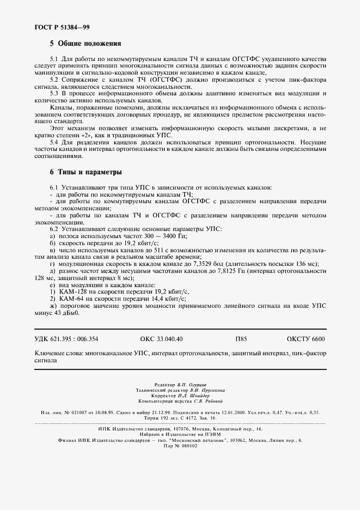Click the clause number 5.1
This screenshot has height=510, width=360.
click(x=54, y=58)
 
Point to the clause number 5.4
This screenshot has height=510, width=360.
click(x=54, y=142)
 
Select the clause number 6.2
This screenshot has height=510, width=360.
click(x=54, y=229)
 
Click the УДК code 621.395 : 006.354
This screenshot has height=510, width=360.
click(x=77, y=339)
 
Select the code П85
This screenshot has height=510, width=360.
click(x=241, y=339)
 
